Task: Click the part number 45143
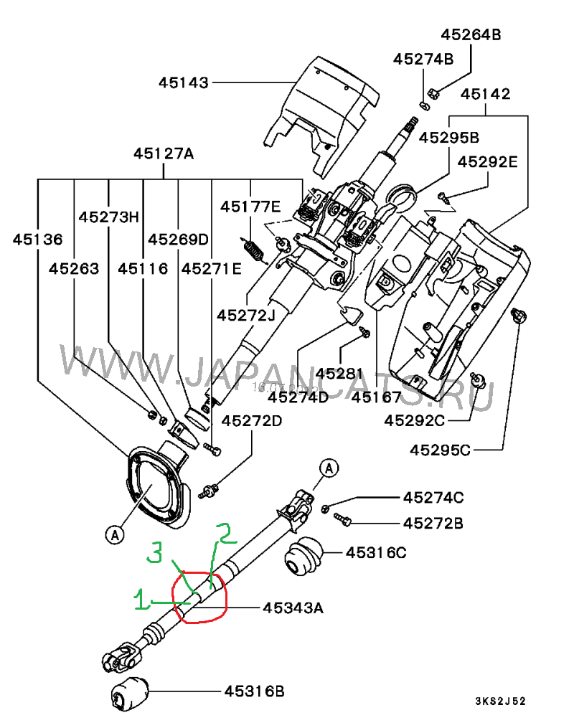[184, 83]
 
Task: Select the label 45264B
[471, 34]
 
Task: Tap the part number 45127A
[164, 153]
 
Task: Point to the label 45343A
[293, 608]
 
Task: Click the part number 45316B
[255, 691]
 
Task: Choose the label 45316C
[376, 552]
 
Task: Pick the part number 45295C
[441, 450]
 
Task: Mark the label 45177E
[250, 207]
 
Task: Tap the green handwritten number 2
[227, 534]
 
